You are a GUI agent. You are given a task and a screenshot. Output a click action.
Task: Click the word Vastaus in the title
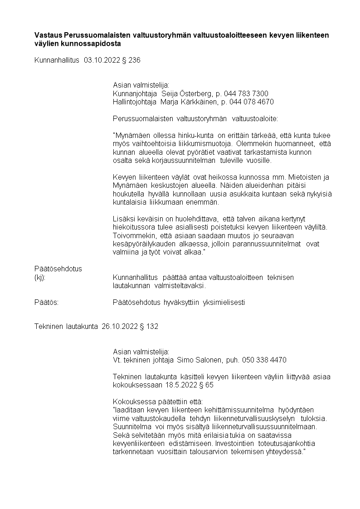click(x=49, y=35)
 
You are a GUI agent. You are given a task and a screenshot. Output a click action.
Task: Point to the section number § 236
click(x=131, y=60)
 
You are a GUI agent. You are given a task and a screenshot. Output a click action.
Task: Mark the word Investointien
click(x=234, y=443)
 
